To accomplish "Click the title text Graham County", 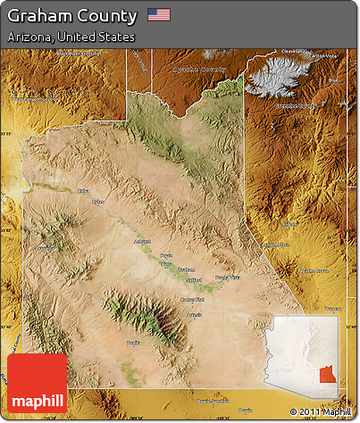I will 72,15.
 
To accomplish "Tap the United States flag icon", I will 159,14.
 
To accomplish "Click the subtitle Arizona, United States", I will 71,37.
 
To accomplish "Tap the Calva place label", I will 84,190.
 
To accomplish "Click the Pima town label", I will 166,264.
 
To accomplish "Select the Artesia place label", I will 194,316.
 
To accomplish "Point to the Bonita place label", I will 134,342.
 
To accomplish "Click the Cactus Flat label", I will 193,300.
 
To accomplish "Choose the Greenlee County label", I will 296,106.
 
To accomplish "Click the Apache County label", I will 200,68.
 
